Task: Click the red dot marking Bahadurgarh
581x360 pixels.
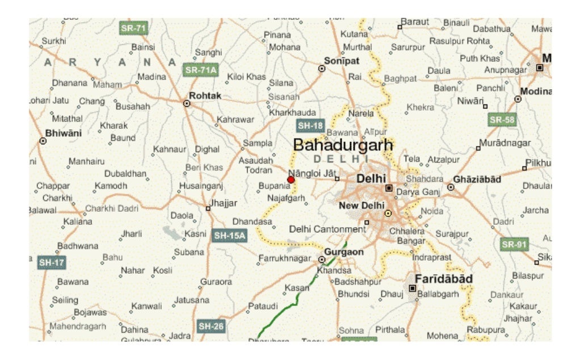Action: (x=291, y=179)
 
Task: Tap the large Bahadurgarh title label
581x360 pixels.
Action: (x=343, y=145)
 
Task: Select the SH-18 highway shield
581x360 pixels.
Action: (x=310, y=125)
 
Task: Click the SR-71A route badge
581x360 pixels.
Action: (x=201, y=70)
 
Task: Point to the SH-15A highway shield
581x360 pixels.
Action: (x=229, y=235)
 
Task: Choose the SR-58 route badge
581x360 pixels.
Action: (x=502, y=119)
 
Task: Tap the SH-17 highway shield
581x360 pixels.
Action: (x=52, y=262)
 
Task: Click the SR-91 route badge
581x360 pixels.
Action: (x=515, y=244)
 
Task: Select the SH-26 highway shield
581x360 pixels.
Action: (x=211, y=326)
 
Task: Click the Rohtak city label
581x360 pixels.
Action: (x=205, y=96)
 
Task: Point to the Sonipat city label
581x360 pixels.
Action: (x=342, y=61)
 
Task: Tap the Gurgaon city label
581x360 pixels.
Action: (x=343, y=252)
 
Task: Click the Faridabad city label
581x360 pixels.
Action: (x=444, y=279)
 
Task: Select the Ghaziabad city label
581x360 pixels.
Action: (x=477, y=179)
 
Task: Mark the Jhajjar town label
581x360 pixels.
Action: (x=224, y=203)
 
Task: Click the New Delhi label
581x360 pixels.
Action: (x=361, y=206)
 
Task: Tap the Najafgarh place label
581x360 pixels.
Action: (x=287, y=198)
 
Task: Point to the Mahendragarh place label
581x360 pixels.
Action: (x=78, y=326)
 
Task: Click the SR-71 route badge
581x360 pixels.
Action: (x=133, y=28)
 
